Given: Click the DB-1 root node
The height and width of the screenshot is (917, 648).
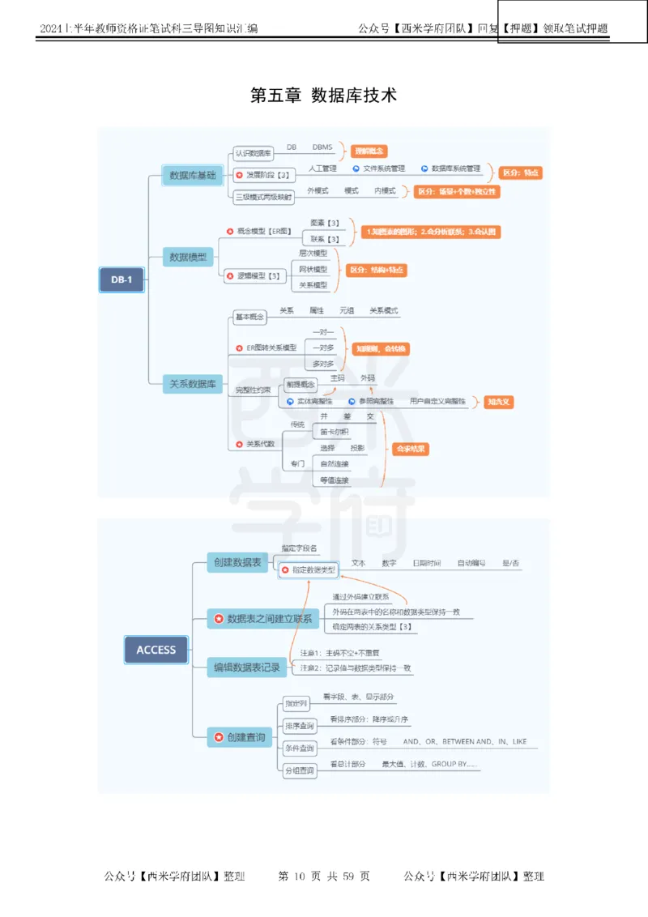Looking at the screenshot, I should tap(122, 280).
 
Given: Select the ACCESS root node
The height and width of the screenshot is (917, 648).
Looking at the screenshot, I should tap(156, 650).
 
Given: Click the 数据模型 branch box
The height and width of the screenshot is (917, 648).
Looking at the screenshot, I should tap(187, 258).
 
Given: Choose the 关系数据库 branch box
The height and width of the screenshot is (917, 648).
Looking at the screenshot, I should tap(191, 384).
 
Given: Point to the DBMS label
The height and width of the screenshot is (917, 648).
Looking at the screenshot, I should tap(322, 147).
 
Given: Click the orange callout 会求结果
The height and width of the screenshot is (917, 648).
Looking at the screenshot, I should tap(411, 449).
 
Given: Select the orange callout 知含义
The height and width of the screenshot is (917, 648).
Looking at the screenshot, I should tap(500, 401).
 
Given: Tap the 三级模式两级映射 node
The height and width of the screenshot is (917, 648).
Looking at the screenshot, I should tap(263, 196).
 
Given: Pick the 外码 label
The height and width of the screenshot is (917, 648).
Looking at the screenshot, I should tap(368, 378).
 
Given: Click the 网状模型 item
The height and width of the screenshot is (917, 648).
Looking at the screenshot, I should tap(313, 269).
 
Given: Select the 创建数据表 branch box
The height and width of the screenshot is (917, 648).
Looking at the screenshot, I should tap(237, 562).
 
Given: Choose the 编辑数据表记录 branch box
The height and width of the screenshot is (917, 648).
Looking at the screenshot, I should tap(246, 667).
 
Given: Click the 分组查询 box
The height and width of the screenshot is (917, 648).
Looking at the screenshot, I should tap(299, 771).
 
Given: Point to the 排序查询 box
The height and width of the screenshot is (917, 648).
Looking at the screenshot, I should tap(299, 725).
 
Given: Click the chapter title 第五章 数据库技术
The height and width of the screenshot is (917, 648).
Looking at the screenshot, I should tap(324, 95).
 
